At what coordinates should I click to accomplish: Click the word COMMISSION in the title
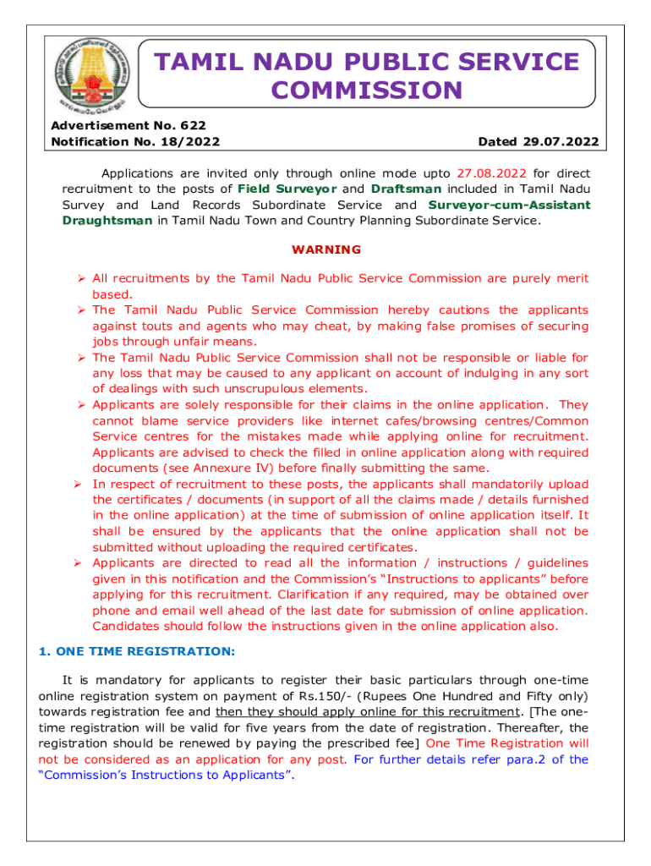(367, 90)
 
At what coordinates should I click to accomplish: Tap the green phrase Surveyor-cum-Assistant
(510, 206)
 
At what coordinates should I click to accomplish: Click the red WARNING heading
(325, 249)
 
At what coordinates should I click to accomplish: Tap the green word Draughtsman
(108, 221)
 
